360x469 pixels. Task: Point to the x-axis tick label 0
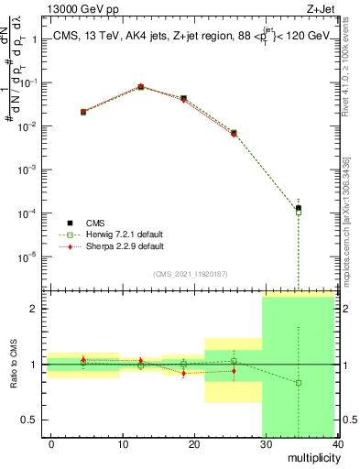point(51,443)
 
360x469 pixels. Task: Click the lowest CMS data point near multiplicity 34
point(299,208)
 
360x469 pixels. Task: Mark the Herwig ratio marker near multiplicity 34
point(299,383)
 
